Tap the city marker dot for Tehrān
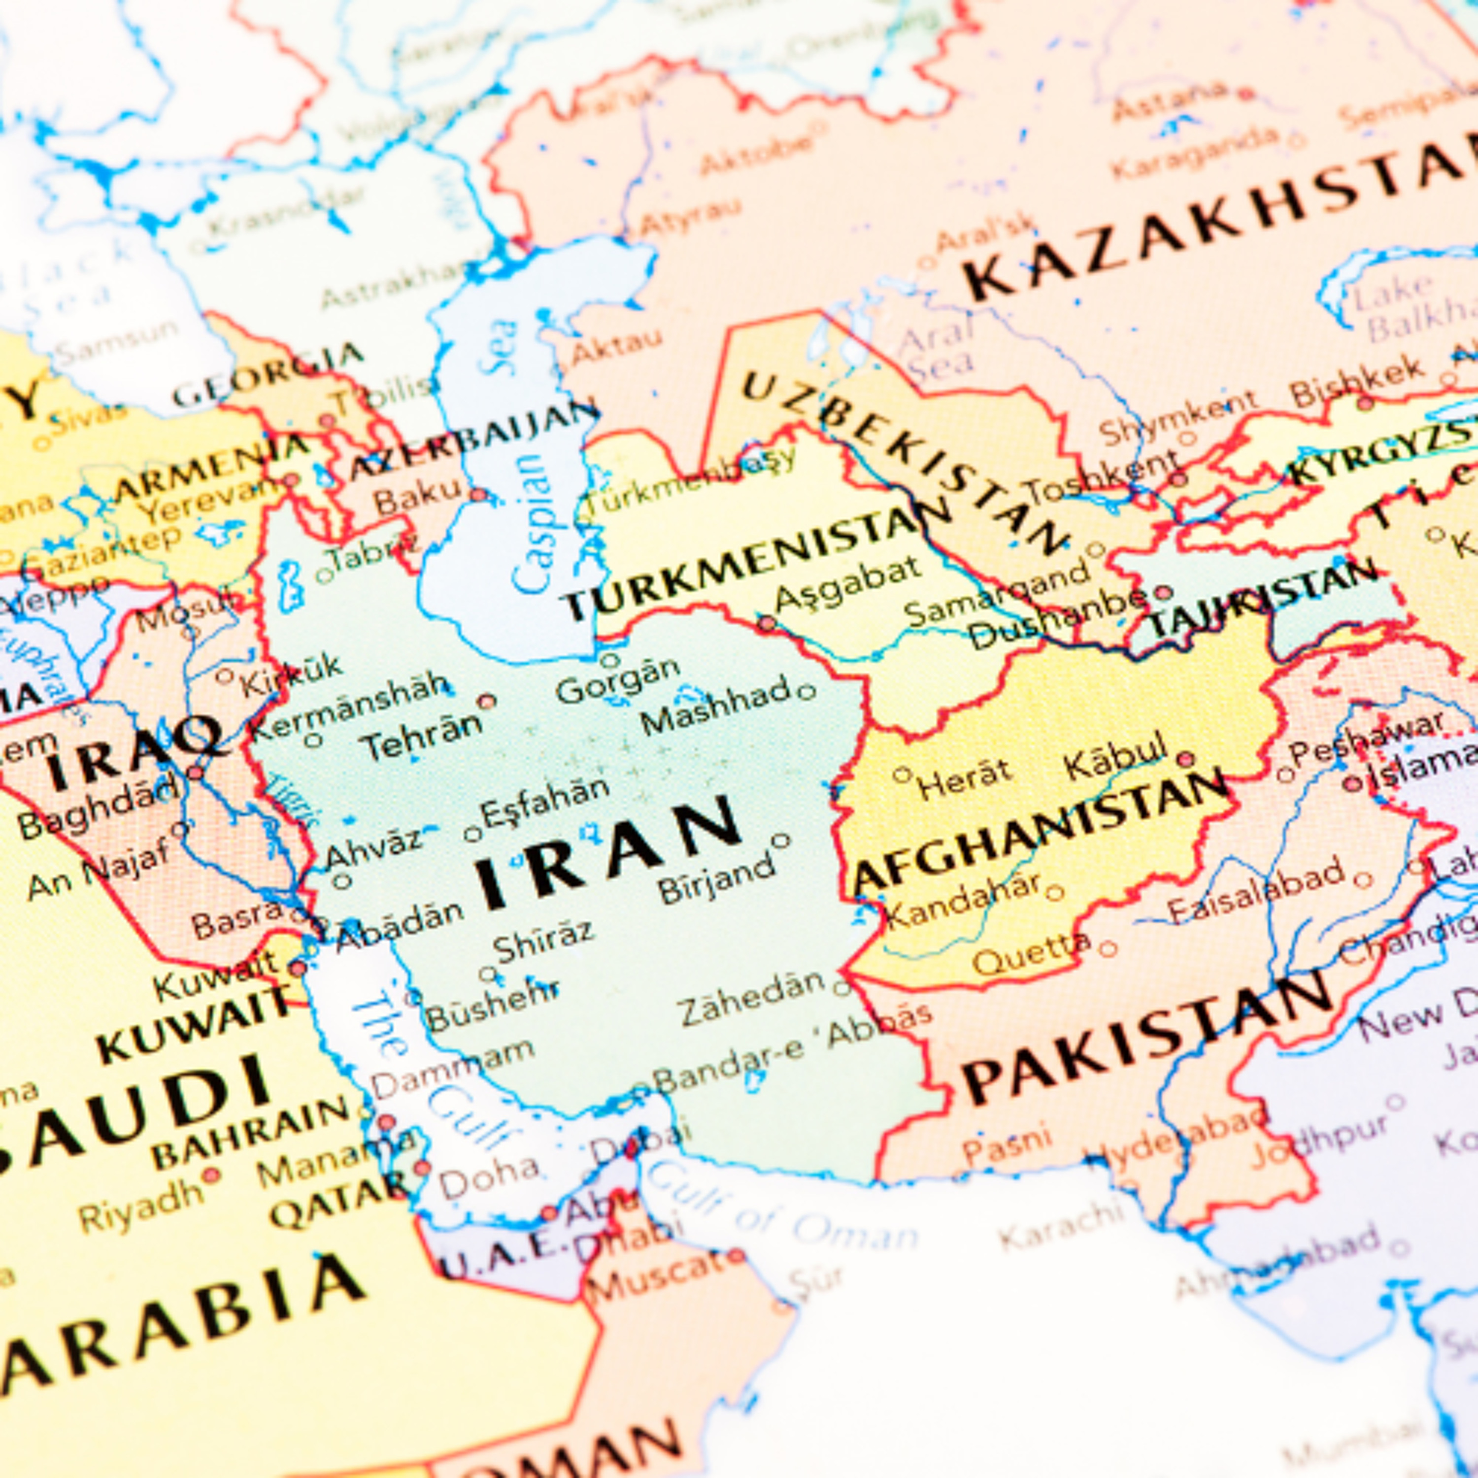pyautogui.click(x=487, y=701)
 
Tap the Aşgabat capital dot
pyautogui.click(x=767, y=624)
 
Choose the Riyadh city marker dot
pyautogui.click(x=210, y=1175)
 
